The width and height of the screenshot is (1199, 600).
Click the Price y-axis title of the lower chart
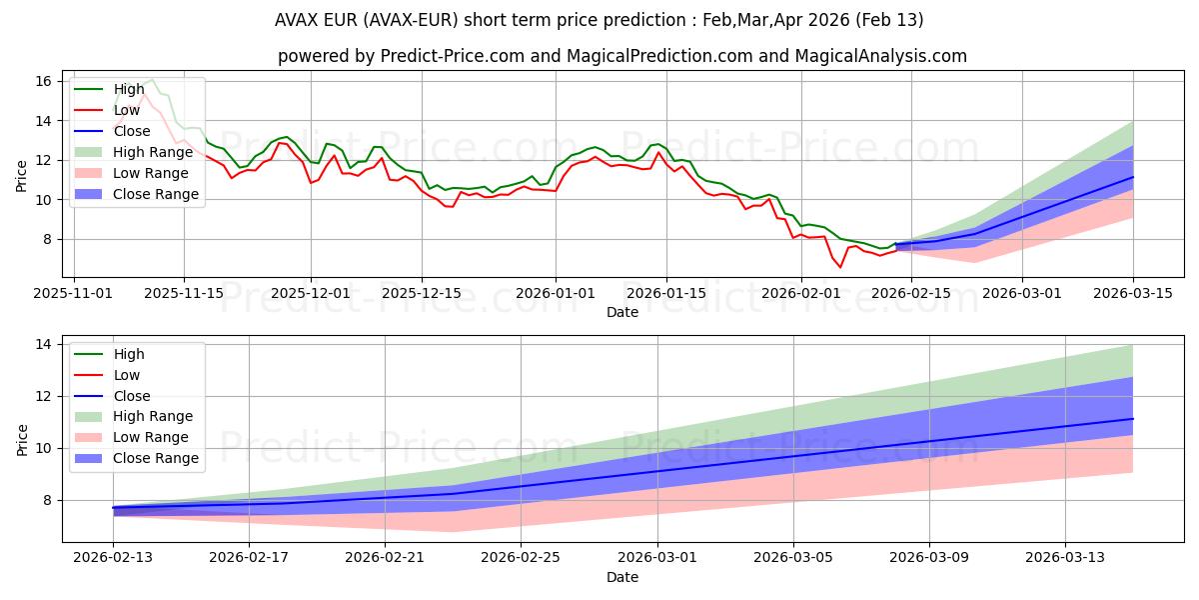pos(23,439)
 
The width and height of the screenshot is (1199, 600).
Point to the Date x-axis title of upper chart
pos(622,312)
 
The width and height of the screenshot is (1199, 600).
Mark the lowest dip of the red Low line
pos(840,267)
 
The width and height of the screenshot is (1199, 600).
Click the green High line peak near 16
pos(151,80)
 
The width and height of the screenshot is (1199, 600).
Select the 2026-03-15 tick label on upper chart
pos(1133,293)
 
